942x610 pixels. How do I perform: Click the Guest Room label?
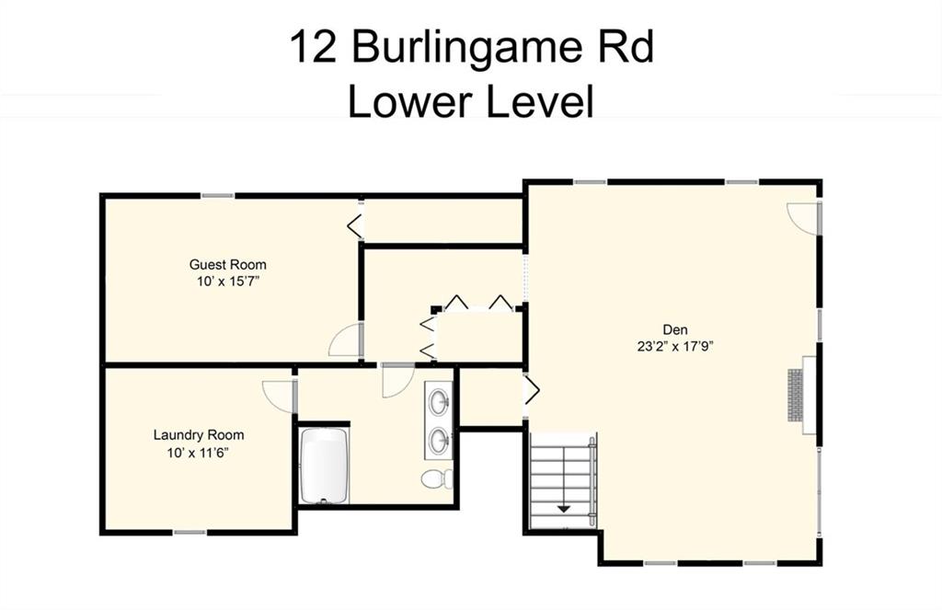(x=228, y=264)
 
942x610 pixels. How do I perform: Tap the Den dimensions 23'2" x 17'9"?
(x=675, y=346)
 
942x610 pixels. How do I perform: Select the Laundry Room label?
(x=199, y=434)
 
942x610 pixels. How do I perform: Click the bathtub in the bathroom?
(x=324, y=466)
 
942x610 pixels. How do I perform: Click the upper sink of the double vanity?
(x=441, y=400)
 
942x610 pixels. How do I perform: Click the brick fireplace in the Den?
(x=796, y=395)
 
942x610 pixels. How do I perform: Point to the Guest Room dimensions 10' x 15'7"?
(x=228, y=281)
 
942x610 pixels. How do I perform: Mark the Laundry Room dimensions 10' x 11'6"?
(x=199, y=452)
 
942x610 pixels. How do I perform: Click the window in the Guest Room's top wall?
(x=217, y=195)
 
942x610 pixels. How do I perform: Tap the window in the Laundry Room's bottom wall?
(x=190, y=533)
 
